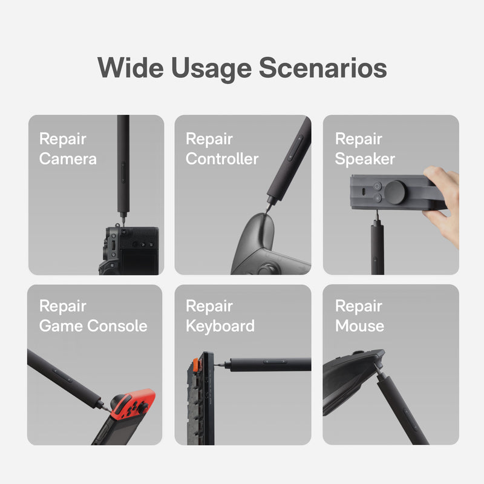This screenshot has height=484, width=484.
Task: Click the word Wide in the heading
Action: coord(131,68)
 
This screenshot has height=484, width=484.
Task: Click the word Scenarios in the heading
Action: coord(322,68)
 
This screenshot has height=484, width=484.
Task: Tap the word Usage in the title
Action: coord(211,70)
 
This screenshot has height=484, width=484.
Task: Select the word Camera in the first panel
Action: coord(68,159)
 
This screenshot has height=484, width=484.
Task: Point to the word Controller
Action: coord(222,159)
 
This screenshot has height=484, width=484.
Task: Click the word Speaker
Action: coord(365,159)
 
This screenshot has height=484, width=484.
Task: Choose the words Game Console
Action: coord(93,326)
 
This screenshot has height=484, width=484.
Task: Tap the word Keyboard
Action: coord(220,326)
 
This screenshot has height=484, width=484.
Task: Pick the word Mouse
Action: coord(359,326)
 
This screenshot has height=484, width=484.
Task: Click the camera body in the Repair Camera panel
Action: coord(129,250)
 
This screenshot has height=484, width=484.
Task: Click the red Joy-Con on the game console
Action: coord(132,404)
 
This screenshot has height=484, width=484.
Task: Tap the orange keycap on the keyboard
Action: coord(195,365)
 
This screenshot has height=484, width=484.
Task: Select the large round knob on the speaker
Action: coord(396,192)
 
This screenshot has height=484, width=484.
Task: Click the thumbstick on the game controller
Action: coord(267,269)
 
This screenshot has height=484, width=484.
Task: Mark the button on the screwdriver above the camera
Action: coord(123,172)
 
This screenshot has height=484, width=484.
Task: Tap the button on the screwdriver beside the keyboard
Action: coord(274,362)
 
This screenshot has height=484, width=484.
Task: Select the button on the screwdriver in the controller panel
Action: coord(296,148)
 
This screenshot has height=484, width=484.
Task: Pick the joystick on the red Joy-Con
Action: coord(143,408)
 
